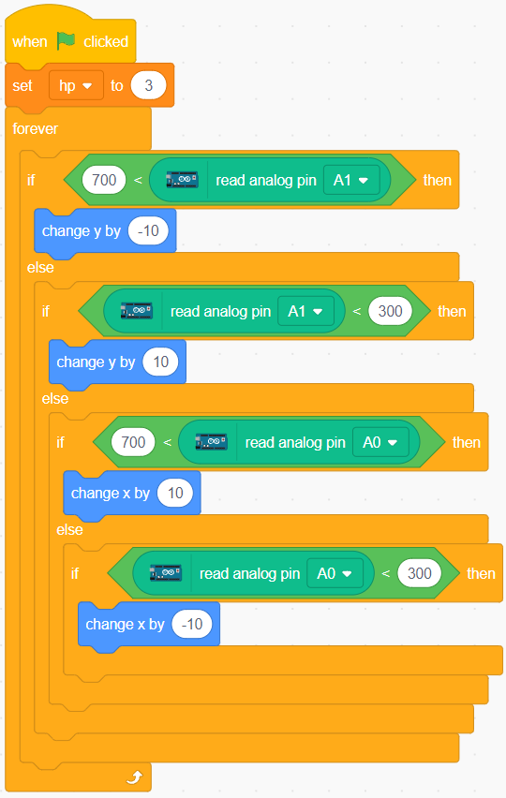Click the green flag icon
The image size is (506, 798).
[x=67, y=40]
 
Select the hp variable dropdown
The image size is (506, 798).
[x=76, y=85]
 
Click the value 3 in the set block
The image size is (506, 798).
[x=148, y=85]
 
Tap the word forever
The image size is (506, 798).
[x=35, y=128]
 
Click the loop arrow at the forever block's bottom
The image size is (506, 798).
[x=134, y=777]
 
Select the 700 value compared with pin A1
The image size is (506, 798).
[x=104, y=180]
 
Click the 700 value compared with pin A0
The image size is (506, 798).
[x=133, y=442]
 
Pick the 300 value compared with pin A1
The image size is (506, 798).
[x=390, y=311]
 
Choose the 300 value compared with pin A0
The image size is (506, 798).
[x=419, y=573]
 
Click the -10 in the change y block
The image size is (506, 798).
[x=148, y=230]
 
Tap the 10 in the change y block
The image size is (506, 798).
[x=160, y=362]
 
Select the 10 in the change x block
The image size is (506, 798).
[x=175, y=493]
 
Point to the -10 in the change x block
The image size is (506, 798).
[x=192, y=624]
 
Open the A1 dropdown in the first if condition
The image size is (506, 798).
[x=351, y=180]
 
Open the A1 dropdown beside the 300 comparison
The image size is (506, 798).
[x=305, y=311]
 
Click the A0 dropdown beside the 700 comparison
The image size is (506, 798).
[x=380, y=442]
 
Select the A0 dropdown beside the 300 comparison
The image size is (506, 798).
[x=335, y=573]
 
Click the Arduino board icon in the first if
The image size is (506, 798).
[x=182, y=180]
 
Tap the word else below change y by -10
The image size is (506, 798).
[x=40, y=267]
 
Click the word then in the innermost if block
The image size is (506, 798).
[x=481, y=573]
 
